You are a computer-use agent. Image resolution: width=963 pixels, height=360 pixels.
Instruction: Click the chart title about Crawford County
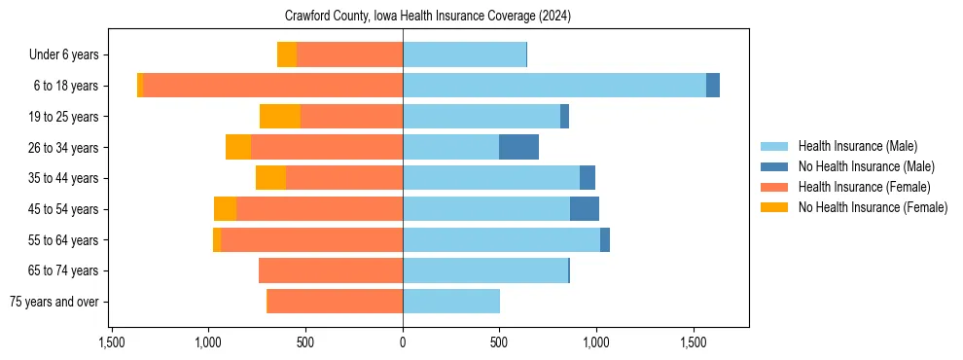pos(428,17)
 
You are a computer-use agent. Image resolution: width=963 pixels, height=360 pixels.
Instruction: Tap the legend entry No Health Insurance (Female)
pos(873,207)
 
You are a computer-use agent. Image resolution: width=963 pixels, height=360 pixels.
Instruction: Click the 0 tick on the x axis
pos(403,342)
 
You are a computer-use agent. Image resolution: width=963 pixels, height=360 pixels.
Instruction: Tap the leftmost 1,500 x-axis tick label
pos(112,342)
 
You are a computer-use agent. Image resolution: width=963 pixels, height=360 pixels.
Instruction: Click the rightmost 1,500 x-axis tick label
pos(693,342)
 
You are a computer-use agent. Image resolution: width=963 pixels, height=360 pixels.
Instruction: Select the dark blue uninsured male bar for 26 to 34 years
pos(518,147)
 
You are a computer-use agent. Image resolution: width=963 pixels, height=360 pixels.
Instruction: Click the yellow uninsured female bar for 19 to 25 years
pos(280,116)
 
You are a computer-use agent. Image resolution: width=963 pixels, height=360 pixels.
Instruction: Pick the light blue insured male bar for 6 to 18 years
pos(554,86)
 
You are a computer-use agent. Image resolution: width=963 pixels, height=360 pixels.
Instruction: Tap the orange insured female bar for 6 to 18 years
pos(273,86)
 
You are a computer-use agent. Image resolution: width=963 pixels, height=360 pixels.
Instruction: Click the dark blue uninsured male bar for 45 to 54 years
pos(585,208)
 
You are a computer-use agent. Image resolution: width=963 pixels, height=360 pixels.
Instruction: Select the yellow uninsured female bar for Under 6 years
pos(287,54)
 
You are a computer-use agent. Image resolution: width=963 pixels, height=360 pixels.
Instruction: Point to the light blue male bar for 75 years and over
pos(451,302)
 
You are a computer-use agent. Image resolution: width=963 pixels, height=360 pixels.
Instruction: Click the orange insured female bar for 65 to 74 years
pos(331,270)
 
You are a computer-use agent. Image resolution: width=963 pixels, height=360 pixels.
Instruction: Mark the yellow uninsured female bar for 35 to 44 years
pos(270,178)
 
